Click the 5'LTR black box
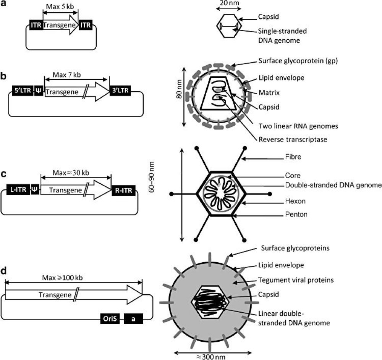click(22, 92)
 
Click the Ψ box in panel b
click(39, 92)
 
